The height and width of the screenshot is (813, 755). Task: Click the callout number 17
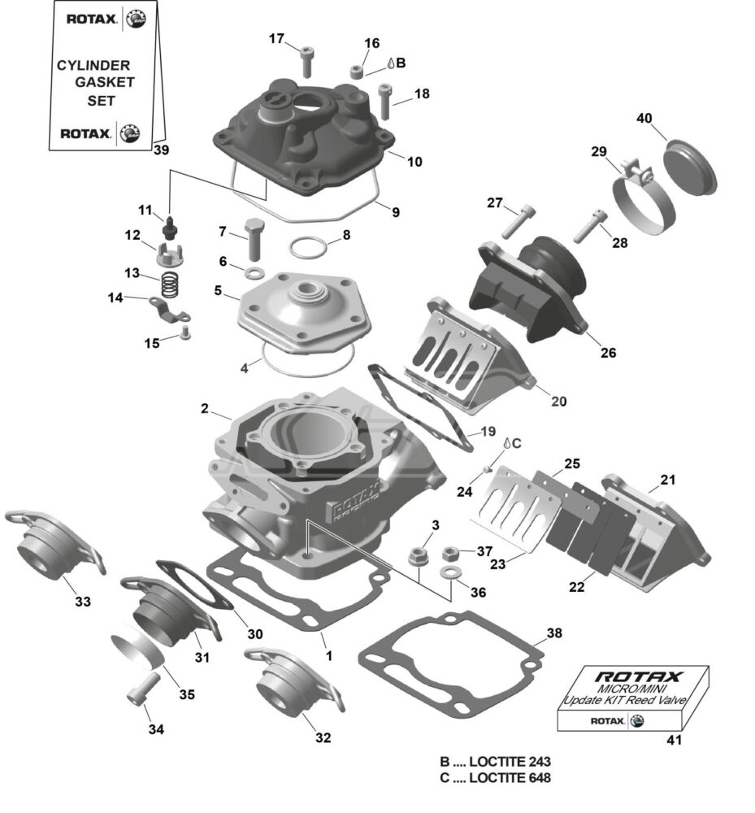tap(276, 38)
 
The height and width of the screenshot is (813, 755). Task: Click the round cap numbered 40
tap(692, 168)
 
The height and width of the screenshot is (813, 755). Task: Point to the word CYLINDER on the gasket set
tap(93, 64)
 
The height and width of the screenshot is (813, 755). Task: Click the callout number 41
tap(674, 741)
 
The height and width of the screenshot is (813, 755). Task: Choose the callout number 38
tap(554, 633)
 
